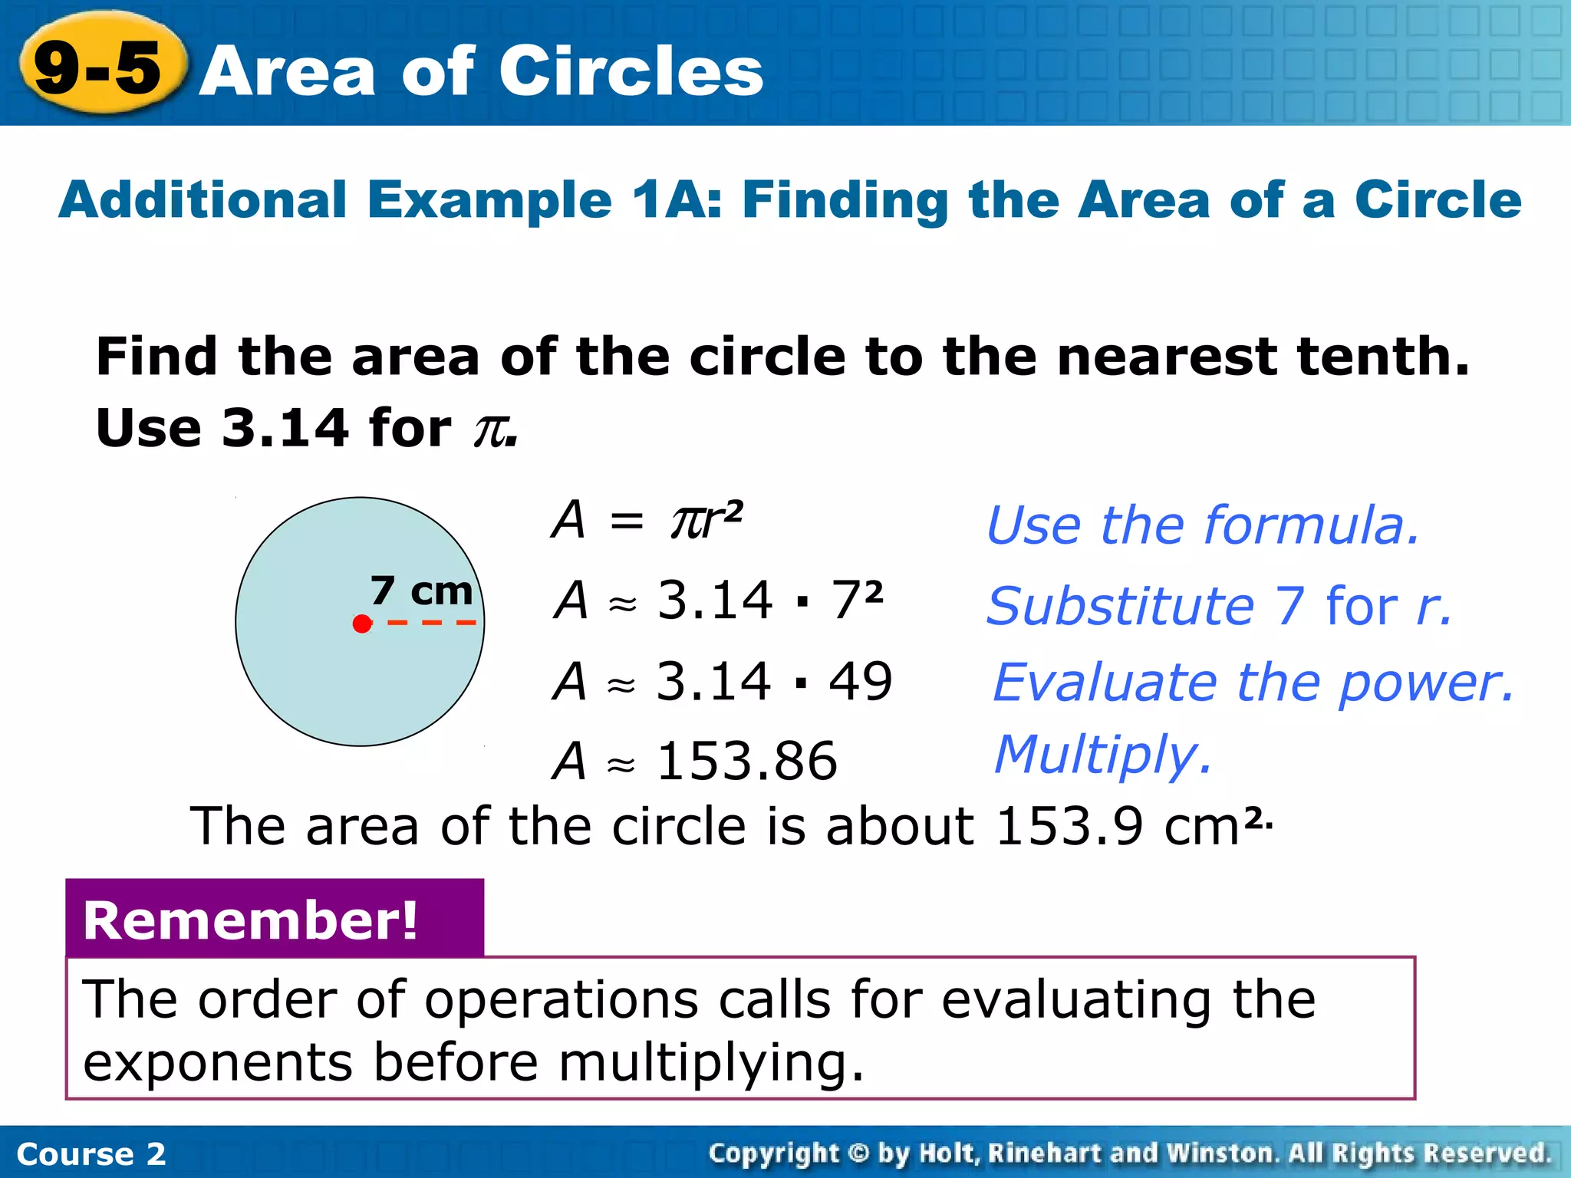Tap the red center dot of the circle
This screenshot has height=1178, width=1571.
[x=362, y=624]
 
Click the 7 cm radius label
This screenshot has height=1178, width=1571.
[x=421, y=591]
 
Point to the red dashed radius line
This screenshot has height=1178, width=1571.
[x=432, y=623]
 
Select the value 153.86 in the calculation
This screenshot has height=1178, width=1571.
[x=747, y=761]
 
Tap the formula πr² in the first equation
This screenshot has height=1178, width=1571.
[x=706, y=519]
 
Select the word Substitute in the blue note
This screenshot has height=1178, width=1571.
[x=1121, y=606]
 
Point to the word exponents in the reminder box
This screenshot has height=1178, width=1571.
[x=218, y=1064]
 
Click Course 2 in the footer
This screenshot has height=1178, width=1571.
[x=91, y=1153]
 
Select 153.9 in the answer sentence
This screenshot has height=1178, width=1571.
[x=1069, y=827]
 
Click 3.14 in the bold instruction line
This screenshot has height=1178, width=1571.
[x=285, y=428]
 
